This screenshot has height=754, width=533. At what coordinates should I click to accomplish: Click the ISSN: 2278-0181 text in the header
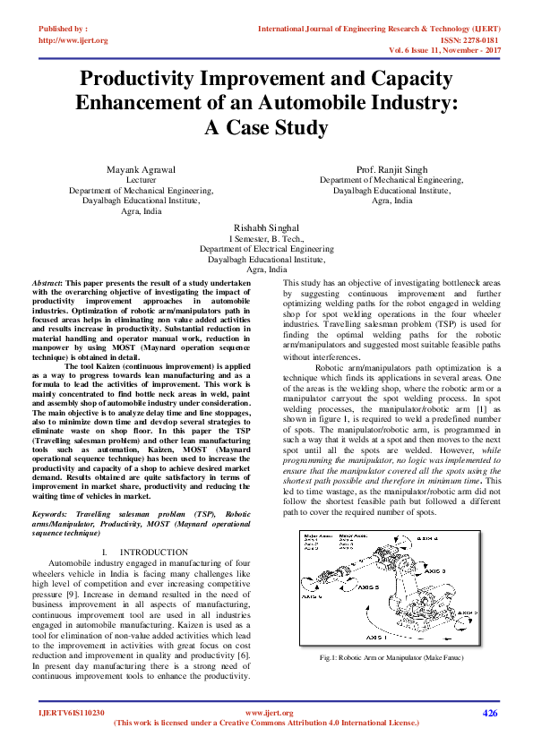[x=482, y=40]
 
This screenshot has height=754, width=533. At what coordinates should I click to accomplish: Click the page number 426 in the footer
[x=489, y=713]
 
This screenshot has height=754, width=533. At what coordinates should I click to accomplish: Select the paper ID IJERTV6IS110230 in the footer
[x=72, y=714]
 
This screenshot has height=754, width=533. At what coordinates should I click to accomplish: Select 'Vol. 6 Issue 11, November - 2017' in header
[x=443, y=52]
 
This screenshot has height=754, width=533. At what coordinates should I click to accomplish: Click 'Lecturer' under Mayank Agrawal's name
[x=142, y=180]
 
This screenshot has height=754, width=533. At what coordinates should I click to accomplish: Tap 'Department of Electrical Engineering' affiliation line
[x=265, y=249]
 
